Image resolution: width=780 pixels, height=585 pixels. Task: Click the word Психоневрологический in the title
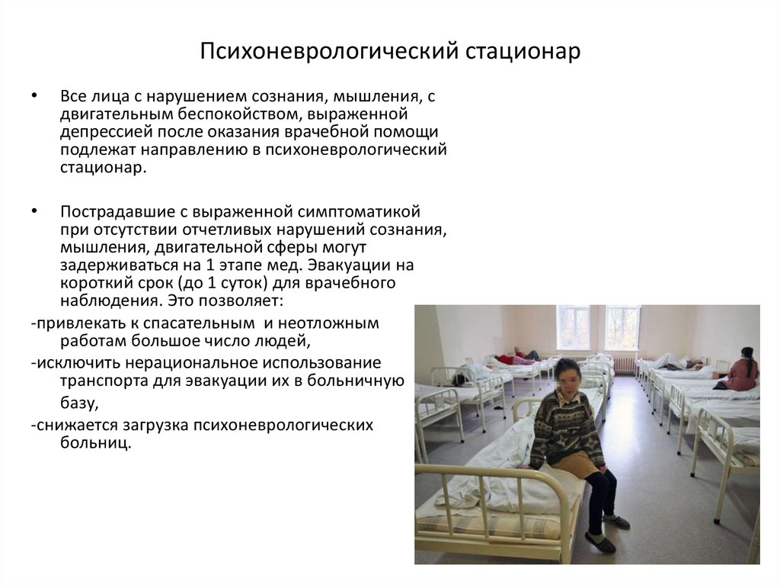[329, 51]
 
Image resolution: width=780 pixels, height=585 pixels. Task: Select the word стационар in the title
[523, 51]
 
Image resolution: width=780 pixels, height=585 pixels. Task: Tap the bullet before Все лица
[34, 95]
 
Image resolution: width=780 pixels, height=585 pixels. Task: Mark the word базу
[78, 402]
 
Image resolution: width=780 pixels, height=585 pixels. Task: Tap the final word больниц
[95, 443]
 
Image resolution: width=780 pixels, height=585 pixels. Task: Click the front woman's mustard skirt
[578, 464]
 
